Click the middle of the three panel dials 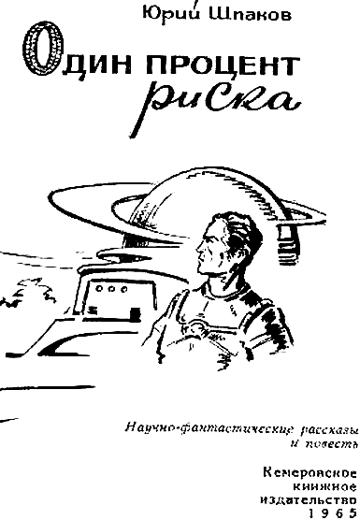point(112,289)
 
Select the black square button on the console point(135,313)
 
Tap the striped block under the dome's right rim point(290,245)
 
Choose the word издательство point(309,500)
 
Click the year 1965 point(333,513)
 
